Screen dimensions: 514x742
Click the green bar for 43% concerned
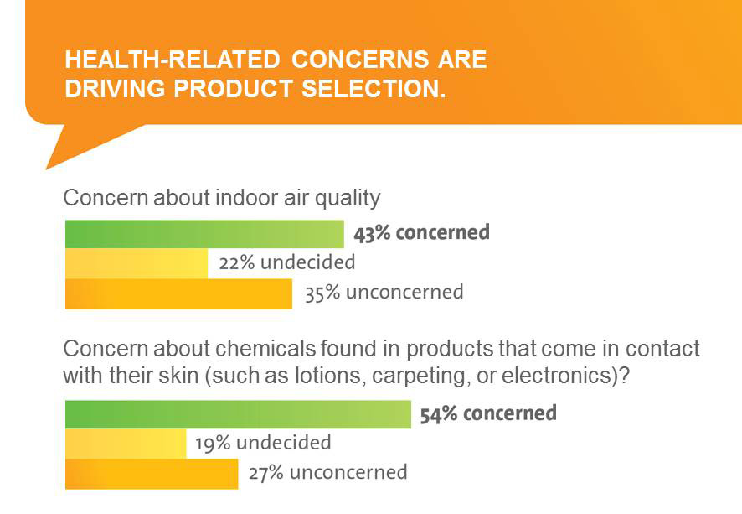click(204, 234)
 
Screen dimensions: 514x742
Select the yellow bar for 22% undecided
click(137, 263)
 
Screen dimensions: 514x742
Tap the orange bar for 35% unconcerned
click(178, 293)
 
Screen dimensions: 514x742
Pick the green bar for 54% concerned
click(238, 414)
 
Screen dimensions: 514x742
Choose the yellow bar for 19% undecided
click(126, 444)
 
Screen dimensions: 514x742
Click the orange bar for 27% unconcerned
click(152, 474)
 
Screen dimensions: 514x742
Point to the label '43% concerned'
click(421, 233)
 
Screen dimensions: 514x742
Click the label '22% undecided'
click(286, 262)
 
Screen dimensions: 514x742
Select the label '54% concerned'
click(488, 413)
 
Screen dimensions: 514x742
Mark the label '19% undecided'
click(263, 443)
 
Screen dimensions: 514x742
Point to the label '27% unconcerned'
click(327, 473)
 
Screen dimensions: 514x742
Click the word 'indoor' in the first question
click(244, 198)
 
